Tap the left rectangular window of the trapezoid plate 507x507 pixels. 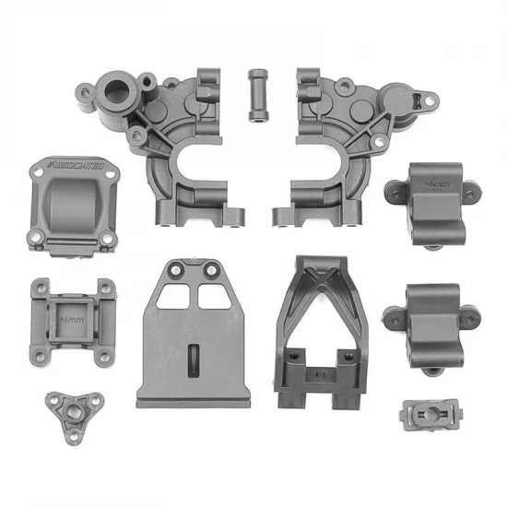(x=172, y=295)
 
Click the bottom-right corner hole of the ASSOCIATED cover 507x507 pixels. (x=108, y=238)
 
